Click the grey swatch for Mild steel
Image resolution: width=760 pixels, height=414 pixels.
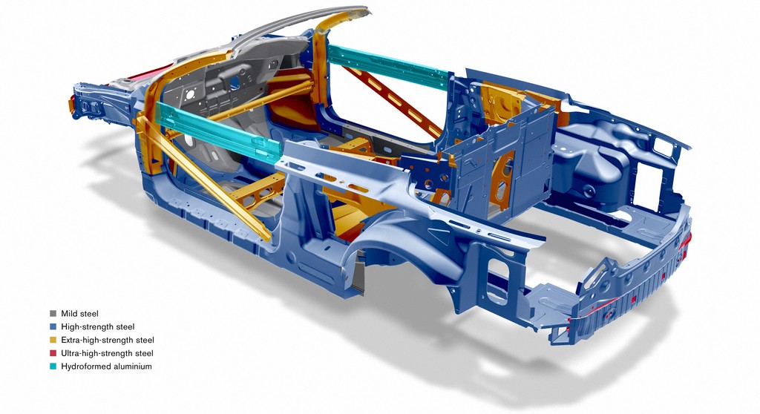(x=53, y=314)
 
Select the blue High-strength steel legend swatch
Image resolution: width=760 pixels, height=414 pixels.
(x=53, y=326)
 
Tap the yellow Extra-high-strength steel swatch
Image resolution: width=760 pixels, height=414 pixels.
(x=53, y=340)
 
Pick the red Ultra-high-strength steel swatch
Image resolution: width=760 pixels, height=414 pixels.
(x=53, y=353)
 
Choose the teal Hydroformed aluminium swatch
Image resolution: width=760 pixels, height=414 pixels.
(x=53, y=366)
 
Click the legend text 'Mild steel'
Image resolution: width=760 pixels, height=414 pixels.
(x=79, y=314)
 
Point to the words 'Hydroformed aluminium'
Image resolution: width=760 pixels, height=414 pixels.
(x=106, y=366)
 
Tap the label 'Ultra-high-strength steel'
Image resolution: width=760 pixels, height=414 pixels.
(x=107, y=353)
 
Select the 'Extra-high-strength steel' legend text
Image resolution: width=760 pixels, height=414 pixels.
(x=108, y=340)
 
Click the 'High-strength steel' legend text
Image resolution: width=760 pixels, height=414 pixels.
(x=98, y=326)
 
